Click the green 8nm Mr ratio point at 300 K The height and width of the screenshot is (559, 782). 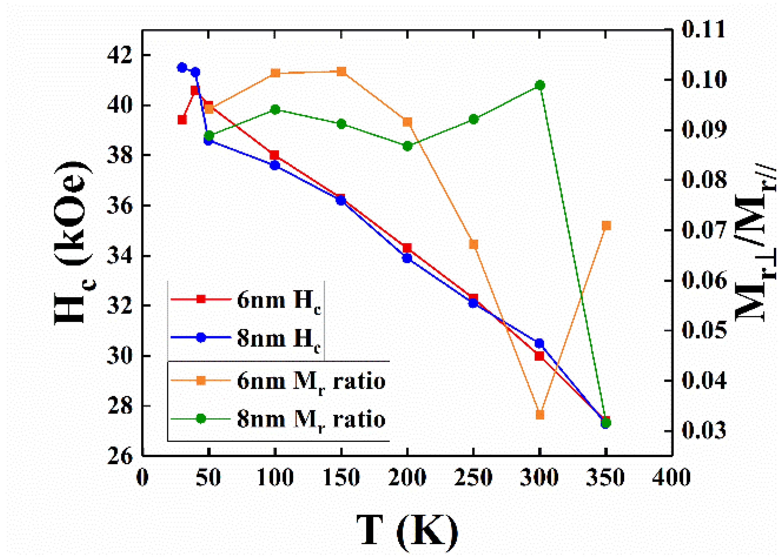point(540,85)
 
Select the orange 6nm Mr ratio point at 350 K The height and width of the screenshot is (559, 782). point(606,226)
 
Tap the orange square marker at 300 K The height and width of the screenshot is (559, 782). point(540,415)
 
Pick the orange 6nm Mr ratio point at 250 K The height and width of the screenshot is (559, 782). point(474,244)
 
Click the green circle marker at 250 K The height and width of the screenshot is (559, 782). point(474,119)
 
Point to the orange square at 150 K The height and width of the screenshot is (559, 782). point(341,72)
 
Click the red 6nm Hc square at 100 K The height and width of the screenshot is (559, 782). point(275,155)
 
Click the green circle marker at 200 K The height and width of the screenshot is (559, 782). point(408,146)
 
